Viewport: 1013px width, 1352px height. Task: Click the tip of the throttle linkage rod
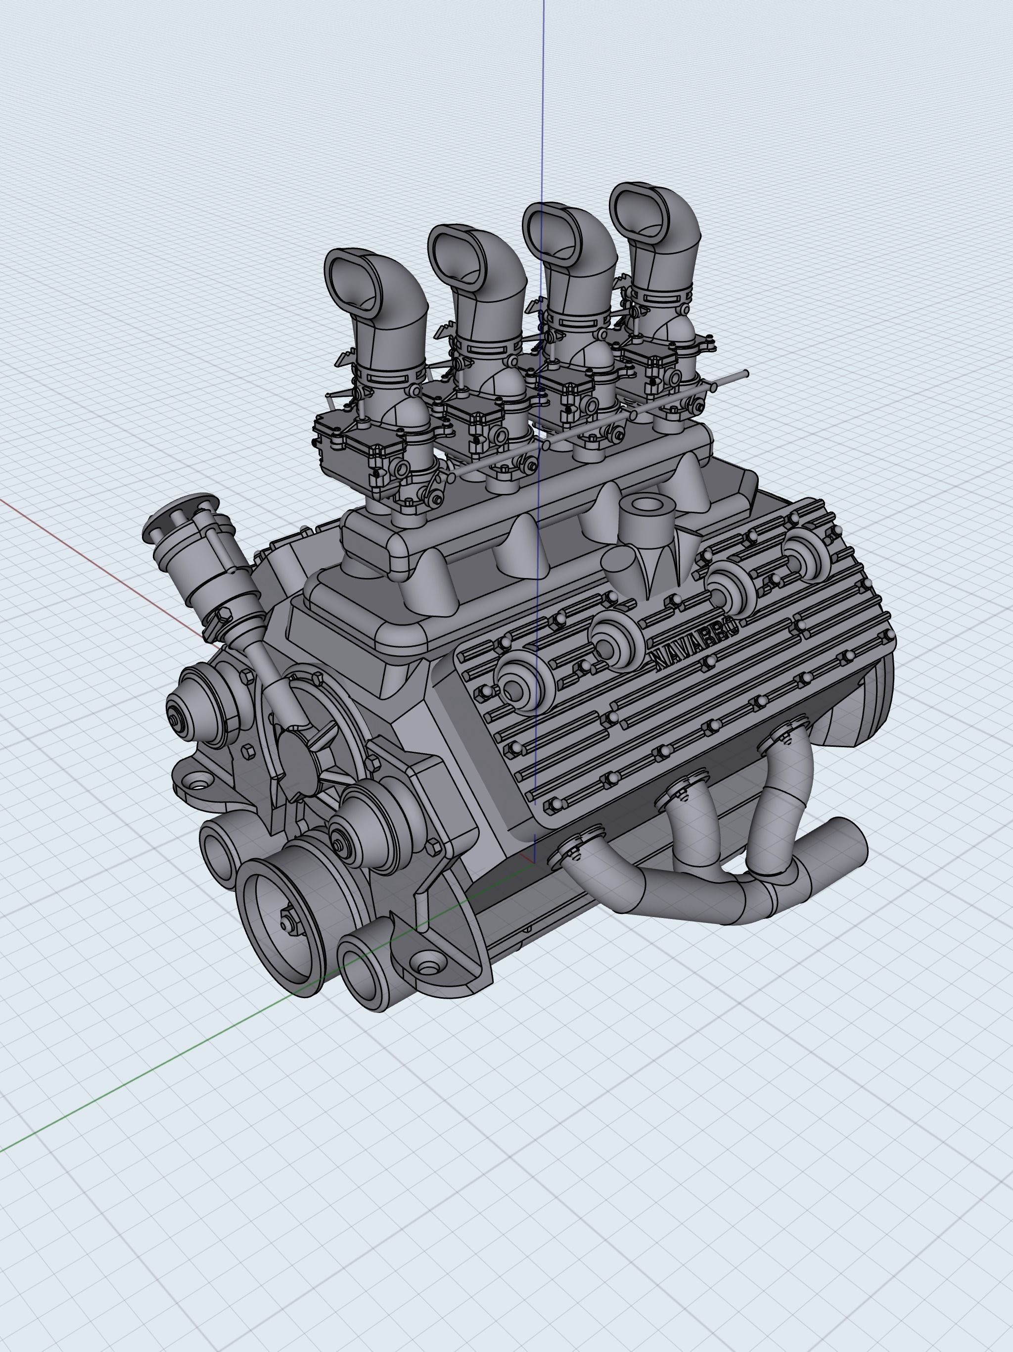pyautogui.click(x=746, y=373)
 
